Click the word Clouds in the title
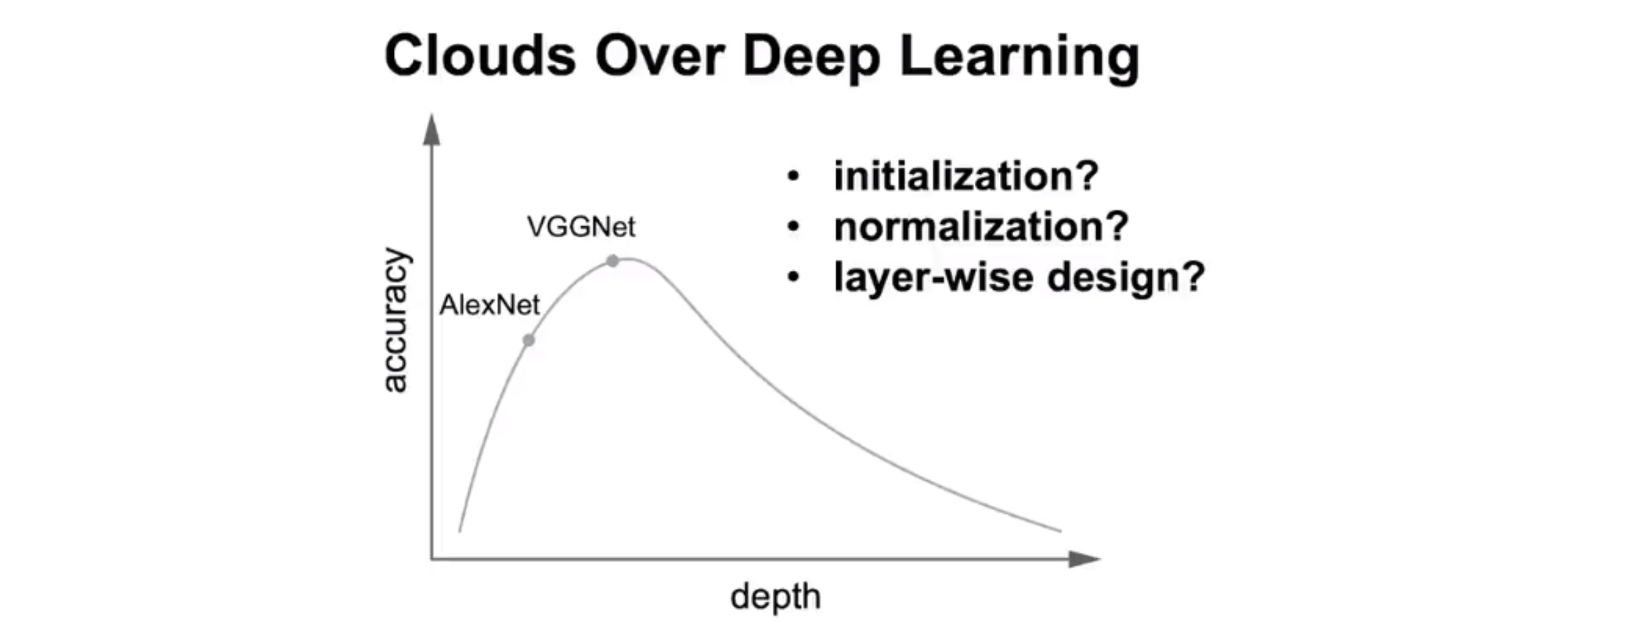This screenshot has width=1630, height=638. tap(479, 57)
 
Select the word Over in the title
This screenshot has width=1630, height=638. tap(659, 57)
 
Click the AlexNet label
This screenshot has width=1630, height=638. tap(489, 306)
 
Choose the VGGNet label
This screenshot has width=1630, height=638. tap(581, 227)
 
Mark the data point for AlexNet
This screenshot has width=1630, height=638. tap(529, 340)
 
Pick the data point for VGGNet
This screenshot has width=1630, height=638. tap(613, 261)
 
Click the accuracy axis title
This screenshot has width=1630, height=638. tap(395, 320)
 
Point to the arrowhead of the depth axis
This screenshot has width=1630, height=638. tap(1084, 559)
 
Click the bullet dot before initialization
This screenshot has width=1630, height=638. tap(794, 177)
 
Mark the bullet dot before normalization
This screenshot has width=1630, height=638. tap(794, 227)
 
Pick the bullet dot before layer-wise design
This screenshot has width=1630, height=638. tap(794, 277)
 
